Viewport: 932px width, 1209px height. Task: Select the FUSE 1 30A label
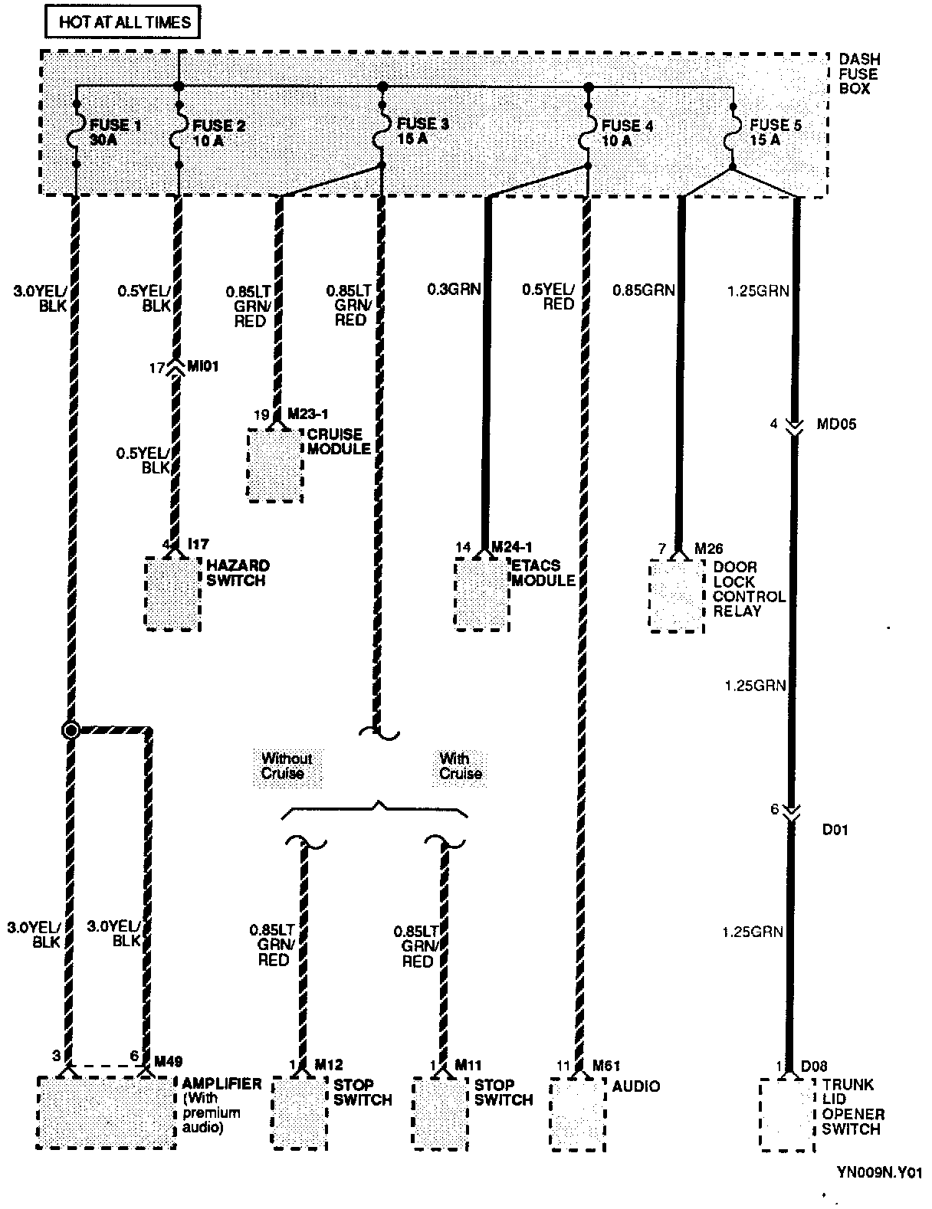click(x=115, y=133)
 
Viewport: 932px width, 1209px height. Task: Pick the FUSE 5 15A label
click(x=775, y=133)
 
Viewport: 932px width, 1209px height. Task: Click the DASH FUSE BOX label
click(x=859, y=74)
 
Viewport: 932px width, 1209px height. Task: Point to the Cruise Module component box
click(x=275, y=466)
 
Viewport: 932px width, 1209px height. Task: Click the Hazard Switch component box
click(x=173, y=595)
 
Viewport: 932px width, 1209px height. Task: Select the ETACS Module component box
click(x=481, y=595)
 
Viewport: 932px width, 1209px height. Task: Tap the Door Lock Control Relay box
click(x=676, y=596)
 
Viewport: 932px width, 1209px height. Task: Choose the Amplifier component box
click(x=107, y=1112)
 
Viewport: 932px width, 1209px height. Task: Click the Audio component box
click(x=578, y=1115)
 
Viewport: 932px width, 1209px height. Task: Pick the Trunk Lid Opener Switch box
click(x=786, y=1115)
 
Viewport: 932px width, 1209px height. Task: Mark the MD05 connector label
click(x=836, y=424)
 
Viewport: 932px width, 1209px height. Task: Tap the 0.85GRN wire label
click(x=644, y=290)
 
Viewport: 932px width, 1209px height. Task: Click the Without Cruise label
click(x=287, y=766)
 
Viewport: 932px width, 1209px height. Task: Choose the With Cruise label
click(x=460, y=766)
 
